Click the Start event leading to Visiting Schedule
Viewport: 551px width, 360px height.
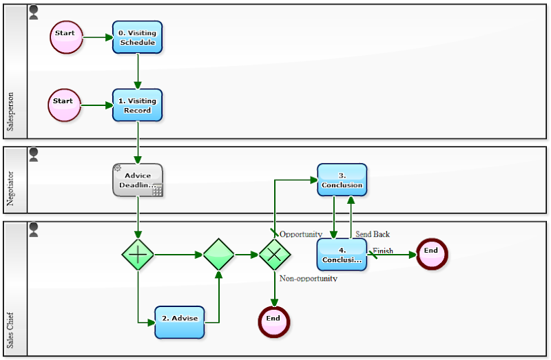click(x=66, y=36)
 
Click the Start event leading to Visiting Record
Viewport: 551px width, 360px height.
click(x=64, y=105)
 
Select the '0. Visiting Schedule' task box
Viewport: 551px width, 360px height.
click(x=138, y=37)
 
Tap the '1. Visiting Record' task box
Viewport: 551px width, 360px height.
click(x=138, y=105)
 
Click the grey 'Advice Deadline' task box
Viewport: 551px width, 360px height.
click(x=138, y=180)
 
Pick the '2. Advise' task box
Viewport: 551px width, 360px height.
click(x=179, y=321)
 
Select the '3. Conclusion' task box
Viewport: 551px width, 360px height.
click(x=342, y=180)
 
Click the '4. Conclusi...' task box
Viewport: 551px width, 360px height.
click(x=342, y=255)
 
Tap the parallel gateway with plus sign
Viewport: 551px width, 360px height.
click(x=138, y=255)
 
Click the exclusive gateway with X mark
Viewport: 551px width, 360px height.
click(x=274, y=255)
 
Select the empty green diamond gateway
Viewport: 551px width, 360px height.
click(x=219, y=255)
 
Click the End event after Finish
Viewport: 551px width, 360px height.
click(x=431, y=254)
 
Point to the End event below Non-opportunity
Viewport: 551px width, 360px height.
click(x=273, y=321)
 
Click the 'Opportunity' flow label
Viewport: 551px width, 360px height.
click(x=301, y=234)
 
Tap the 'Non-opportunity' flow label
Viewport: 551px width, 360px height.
click(x=308, y=279)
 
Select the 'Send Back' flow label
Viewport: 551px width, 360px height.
click(x=373, y=234)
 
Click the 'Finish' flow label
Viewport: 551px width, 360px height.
click(x=383, y=251)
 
